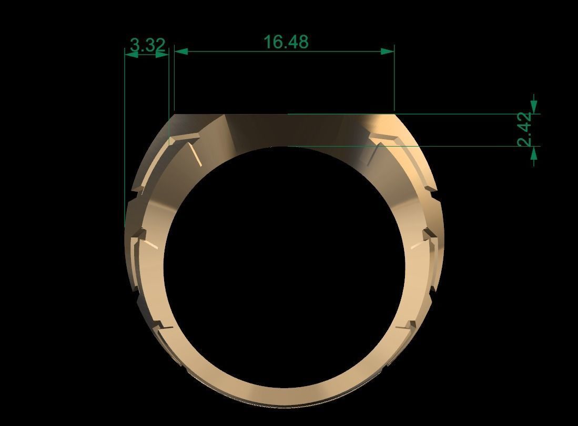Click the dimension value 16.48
coord(285,41)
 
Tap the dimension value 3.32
coord(147,45)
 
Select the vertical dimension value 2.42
coord(525,130)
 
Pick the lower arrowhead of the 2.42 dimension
coord(534,153)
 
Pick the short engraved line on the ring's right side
coord(417,245)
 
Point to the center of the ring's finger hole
coord(284,268)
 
